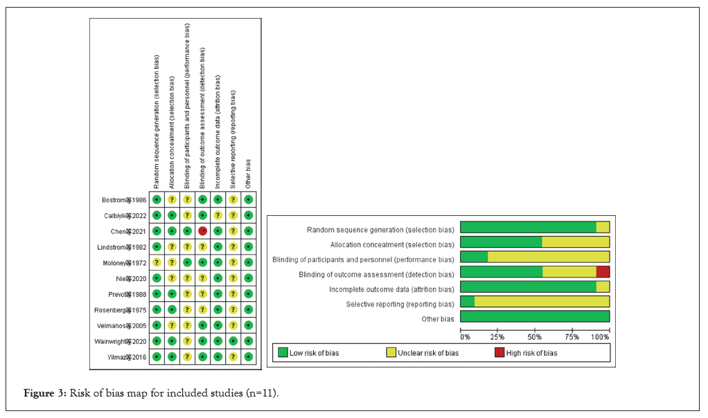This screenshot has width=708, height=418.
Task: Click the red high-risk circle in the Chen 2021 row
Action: pyautogui.click(x=202, y=230)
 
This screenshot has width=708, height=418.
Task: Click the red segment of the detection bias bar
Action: pyautogui.click(x=603, y=272)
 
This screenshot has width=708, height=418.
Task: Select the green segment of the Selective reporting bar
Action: pyautogui.click(x=468, y=302)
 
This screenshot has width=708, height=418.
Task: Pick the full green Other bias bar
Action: pyautogui.click(x=535, y=318)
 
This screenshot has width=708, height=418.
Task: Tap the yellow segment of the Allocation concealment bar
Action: pyautogui.click(x=576, y=242)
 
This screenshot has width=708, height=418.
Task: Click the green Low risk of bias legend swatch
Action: pyautogui.click(x=283, y=353)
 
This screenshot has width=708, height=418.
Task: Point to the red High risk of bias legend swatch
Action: pyautogui.click(x=499, y=353)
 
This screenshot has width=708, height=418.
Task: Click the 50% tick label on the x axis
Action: pyautogui.click(x=535, y=337)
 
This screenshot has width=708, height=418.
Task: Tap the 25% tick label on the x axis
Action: pyautogui.click(x=497, y=337)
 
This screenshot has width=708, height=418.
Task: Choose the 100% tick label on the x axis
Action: pyautogui.click(x=601, y=337)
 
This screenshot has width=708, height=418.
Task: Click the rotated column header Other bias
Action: pyautogui.click(x=248, y=173)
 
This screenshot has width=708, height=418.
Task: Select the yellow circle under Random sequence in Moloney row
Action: pyautogui.click(x=157, y=262)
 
